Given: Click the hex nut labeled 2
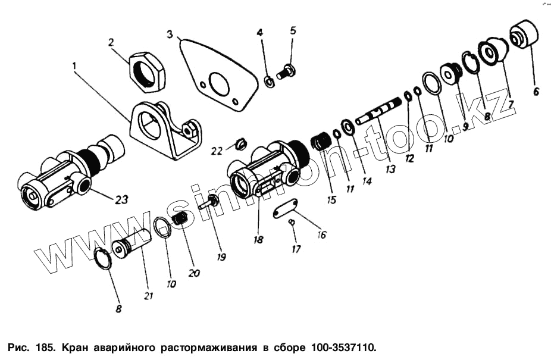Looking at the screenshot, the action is click(x=147, y=72).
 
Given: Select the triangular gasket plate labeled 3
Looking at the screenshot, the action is click(x=217, y=76).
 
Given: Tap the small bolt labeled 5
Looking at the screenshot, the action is click(x=286, y=71).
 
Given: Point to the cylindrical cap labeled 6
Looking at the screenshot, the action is click(x=525, y=33).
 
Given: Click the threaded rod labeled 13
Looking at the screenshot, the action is click(x=379, y=111).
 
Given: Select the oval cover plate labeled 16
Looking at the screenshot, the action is click(x=286, y=209).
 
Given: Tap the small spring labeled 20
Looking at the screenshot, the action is click(x=181, y=218).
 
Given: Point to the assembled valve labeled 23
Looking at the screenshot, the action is click(x=71, y=173).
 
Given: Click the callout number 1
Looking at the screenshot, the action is click(x=74, y=65).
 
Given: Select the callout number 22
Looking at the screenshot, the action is click(x=217, y=151).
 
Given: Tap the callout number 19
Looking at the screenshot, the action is click(x=221, y=257).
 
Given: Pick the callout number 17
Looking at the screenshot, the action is click(x=296, y=249).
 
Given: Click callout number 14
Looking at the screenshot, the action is click(x=367, y=181).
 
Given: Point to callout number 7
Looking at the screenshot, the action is click(x=510, y=104).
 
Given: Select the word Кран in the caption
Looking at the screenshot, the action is click(x=75, y=349).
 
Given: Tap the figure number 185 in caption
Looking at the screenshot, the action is click(x=45, y=348).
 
